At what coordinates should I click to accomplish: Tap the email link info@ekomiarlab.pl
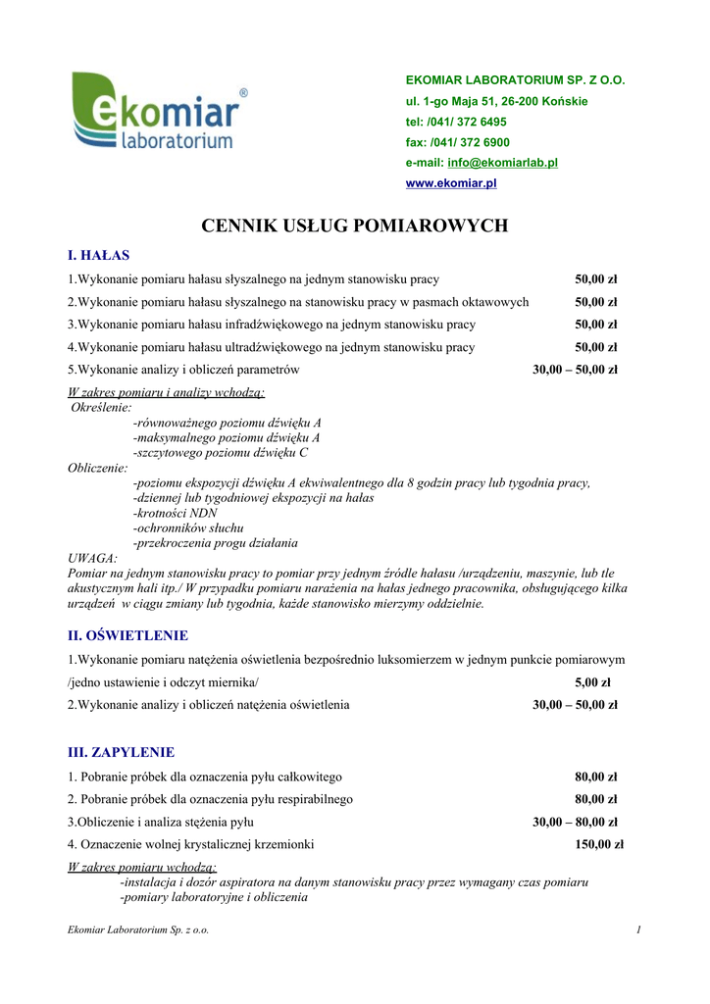[502, 163]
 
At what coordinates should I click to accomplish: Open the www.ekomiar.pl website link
[451, 183]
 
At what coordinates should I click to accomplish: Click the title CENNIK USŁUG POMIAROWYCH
[354, 226]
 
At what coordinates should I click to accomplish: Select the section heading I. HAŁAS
[98, 256]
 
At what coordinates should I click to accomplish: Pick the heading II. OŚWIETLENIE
[127, 635]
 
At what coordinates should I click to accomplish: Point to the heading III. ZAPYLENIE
[121, 752]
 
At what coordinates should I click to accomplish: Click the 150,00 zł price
[598, 843]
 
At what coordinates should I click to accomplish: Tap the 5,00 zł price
[592, 682]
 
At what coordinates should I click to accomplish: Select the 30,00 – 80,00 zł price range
[575, 822]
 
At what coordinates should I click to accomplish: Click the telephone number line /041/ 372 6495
[456, 122]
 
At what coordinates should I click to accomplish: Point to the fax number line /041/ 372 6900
[457, 142]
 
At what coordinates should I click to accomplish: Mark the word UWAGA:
[92, 558]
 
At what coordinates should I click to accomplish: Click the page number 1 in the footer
[637, 929]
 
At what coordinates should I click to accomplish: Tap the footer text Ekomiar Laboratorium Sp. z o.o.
[138, 929]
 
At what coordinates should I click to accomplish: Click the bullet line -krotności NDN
[175, 513]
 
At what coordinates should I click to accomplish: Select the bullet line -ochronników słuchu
[187, 527]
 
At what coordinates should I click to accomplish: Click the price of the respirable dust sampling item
[595, 799]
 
